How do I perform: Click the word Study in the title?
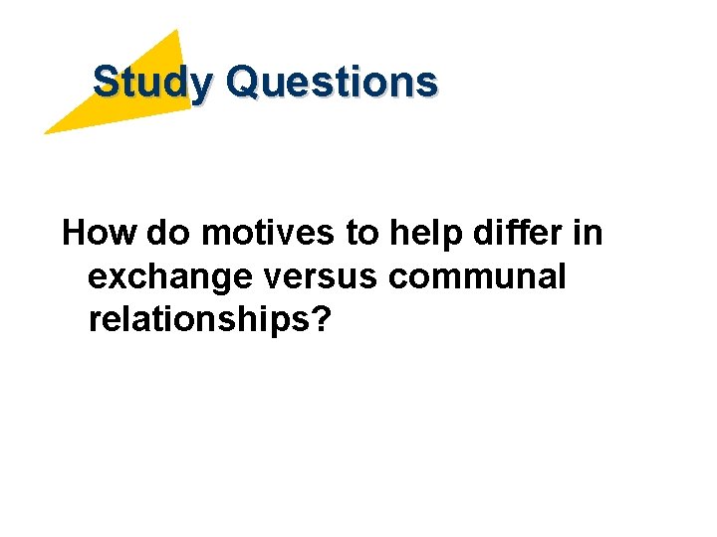[152, 82]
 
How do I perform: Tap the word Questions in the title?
[332, 82]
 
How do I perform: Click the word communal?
[478, 277]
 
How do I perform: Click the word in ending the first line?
[589, 234]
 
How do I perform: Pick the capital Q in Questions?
[243, 82]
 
